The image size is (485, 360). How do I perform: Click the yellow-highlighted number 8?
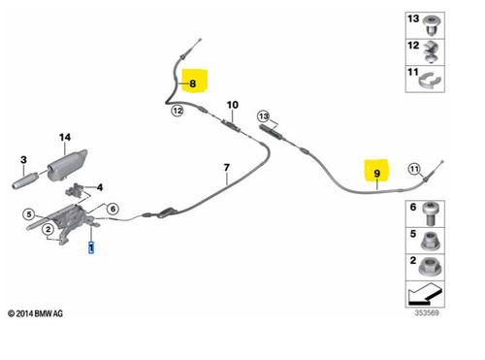click(193, 83)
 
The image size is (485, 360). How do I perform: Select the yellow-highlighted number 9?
click(377, 174)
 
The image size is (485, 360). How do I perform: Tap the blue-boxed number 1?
click(91, 247)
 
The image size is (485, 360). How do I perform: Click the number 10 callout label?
click(233, 105)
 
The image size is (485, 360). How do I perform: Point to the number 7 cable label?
click(227, 167)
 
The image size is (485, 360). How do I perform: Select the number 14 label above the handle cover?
click(65, 137)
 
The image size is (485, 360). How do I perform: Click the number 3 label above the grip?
click(23, 159)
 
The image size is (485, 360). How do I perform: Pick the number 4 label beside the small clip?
click(100, 187)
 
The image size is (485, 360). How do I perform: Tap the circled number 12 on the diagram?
click(178, 111)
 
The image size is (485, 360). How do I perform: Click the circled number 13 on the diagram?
click(264, 116)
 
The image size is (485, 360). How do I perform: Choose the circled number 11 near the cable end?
click(414, 169)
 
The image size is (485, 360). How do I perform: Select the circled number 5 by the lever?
click(29, 214)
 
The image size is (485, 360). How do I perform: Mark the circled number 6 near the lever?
click(113, 209)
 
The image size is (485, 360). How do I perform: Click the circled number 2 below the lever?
click(48, 229)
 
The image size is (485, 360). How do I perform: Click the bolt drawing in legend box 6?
click(430, 213)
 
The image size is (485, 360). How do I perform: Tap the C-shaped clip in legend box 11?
click(430, 81)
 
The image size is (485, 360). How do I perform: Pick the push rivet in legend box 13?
click(432, 25)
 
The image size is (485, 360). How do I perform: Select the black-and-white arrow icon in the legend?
click(424, 294)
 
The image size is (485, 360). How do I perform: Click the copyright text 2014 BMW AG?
click(35, 313)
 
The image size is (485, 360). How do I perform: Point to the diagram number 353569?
click(427, 312)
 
